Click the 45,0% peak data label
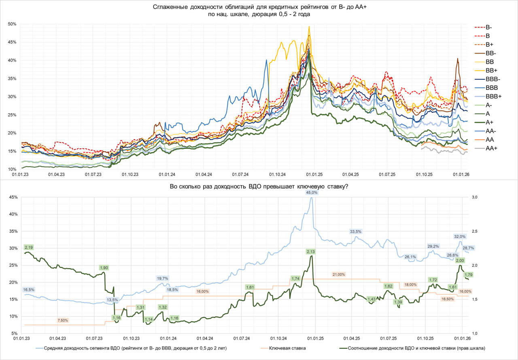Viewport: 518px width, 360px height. [312, 193]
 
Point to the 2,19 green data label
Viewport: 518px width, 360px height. [29, 247]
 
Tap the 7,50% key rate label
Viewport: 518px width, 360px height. [63, 320]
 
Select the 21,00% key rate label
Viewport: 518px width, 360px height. [339, 274]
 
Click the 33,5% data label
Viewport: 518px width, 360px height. [356, 231]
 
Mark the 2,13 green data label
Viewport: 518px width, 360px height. [310, 252]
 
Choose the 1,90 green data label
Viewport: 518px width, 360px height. [104, 267]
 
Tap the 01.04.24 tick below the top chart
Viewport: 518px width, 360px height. [204, 175]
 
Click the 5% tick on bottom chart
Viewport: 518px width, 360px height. [14, 333]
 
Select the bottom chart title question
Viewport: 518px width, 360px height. [259, 187]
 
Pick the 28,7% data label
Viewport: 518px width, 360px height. [468, 248]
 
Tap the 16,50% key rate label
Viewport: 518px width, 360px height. [447, 299]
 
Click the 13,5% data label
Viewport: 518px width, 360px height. [113, 300]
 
